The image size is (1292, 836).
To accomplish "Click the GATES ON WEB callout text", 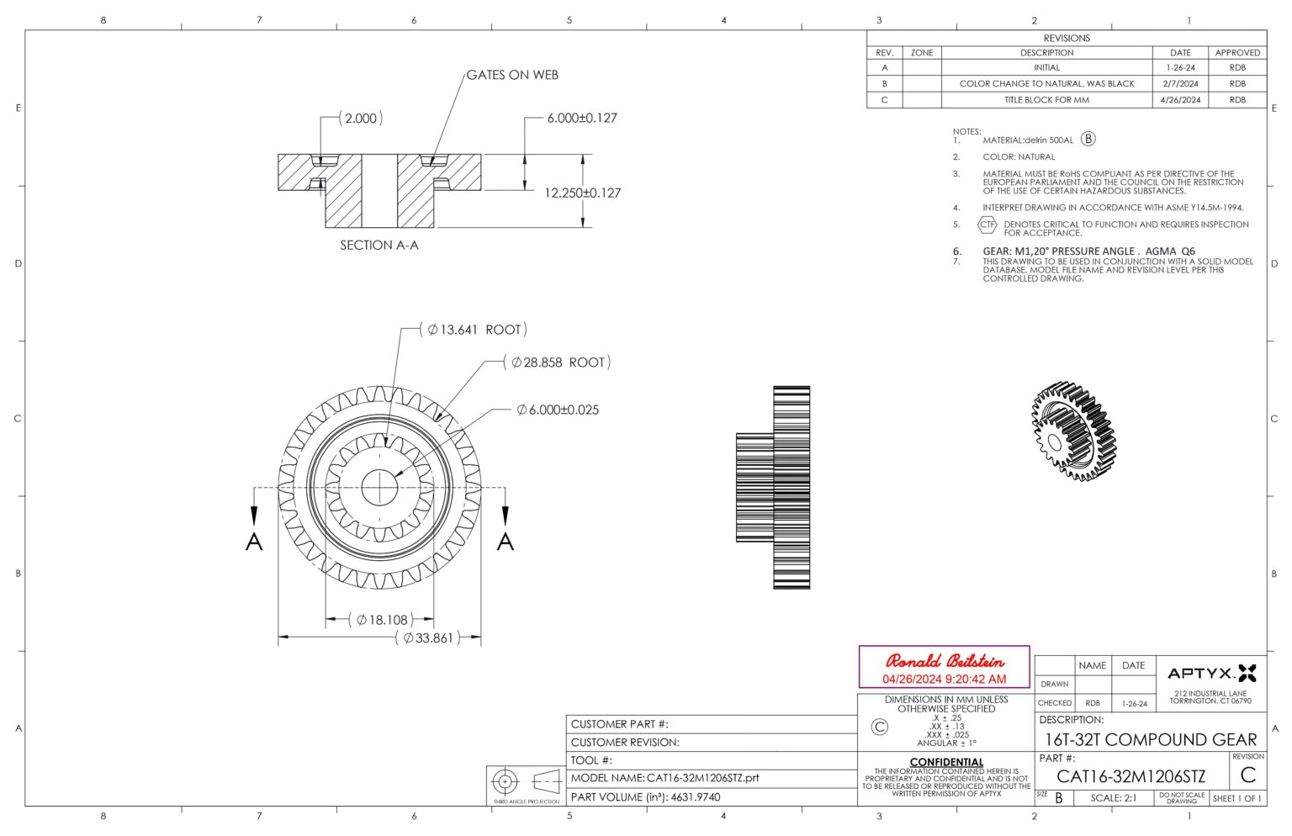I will point(511,75).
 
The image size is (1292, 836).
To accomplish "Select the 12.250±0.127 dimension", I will point(582,193).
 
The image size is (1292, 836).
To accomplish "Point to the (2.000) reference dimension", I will point(361,119).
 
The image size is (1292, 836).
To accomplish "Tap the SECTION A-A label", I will point(379,246).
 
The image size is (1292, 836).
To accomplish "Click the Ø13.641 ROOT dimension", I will point(474,330).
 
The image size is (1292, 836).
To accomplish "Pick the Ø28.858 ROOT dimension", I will point(557,362).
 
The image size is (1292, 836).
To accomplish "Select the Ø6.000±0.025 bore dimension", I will point(558,410).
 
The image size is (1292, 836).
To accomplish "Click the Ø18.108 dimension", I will point(381,620).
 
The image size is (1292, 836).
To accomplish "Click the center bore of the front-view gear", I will point(379,487).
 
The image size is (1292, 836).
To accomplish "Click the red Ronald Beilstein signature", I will point(944,661).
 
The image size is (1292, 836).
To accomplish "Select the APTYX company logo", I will point(1211,673).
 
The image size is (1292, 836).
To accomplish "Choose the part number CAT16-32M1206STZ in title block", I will point(1130,776).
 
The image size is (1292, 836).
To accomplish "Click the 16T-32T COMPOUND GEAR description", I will point(1150,740).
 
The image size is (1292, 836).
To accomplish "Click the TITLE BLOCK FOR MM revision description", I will point(1046,100).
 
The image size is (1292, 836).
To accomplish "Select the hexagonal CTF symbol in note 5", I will point(987,225).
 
